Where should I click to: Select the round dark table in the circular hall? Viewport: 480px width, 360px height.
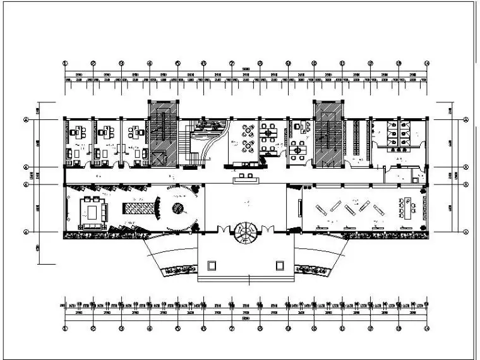(x=177, y=207)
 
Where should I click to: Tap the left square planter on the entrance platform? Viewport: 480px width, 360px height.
(x=212, y=263)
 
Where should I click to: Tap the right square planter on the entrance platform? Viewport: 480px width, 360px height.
(x=279, y=263)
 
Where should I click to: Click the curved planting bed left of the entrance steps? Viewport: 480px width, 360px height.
(x=181, y=271)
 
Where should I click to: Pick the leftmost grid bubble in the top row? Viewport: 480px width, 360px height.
(x=65, y=64)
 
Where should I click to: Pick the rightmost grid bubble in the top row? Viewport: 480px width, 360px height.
(x=427, y=64)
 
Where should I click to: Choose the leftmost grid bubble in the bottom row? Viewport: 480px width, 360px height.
(x=65, y=328)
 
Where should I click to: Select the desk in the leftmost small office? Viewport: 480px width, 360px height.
(x=78, y=133)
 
